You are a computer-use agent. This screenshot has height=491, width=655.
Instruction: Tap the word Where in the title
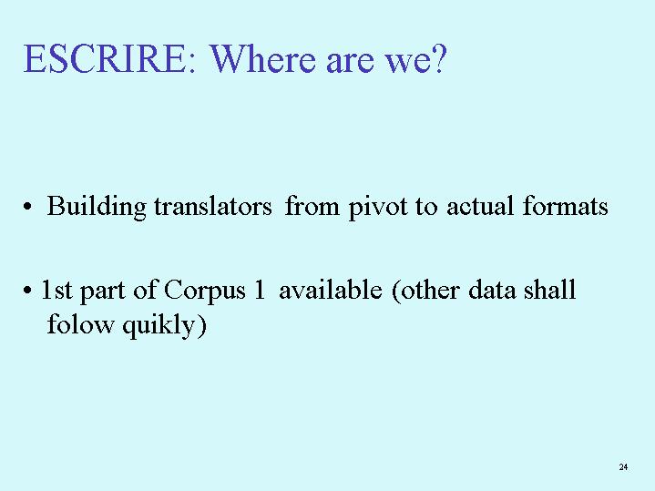tap(262, 58)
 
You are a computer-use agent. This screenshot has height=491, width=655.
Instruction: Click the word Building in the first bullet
tap(97, 207)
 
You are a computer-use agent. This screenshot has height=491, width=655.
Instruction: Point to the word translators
tap(213, 206)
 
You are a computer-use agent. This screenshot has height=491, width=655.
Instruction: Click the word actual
tap(480, 206)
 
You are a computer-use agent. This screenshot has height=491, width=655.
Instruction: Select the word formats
tap(566, 206)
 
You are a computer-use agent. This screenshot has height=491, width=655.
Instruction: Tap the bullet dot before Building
tap(27, 207)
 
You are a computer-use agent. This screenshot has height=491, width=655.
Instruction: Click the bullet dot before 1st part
tap(27, 290)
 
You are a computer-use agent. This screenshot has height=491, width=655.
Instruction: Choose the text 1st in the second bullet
tap(56, 290)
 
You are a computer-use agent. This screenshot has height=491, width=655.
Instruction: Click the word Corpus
tap(205, 291)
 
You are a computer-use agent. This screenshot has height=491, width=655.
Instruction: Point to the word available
tap(331, 289)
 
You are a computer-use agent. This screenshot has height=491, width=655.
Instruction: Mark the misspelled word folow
tap(80, 323)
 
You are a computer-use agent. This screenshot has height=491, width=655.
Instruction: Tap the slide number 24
tap(623, 466)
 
